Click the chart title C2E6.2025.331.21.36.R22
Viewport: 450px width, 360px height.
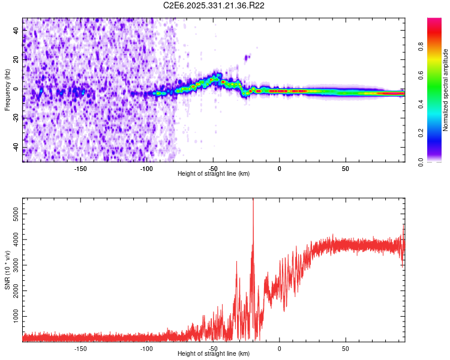214,5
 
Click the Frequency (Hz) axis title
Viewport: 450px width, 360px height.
7,90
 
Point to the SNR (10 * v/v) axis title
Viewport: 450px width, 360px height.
7,270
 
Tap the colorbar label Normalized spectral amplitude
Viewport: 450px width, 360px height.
445,90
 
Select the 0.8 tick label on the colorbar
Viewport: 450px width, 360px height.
421,47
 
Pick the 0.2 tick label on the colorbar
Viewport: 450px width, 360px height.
421,133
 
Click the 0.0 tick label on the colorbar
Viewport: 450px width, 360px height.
421,163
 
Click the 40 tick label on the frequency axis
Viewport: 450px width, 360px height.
16,31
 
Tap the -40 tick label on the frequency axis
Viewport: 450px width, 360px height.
16,148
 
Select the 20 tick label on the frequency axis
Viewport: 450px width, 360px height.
16,60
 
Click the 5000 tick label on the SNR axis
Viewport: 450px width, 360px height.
16,214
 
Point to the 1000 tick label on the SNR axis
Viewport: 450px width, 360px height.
16,316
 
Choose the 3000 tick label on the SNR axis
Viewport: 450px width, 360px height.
16,265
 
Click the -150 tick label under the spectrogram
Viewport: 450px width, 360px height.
80,169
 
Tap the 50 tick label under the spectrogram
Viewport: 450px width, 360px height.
346,169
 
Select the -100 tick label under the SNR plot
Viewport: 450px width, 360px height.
146,349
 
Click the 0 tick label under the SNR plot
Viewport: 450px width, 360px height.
279,349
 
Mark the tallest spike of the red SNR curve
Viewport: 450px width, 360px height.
253,200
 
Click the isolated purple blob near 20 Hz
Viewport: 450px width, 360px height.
247,58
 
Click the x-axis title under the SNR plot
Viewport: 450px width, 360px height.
214,353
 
